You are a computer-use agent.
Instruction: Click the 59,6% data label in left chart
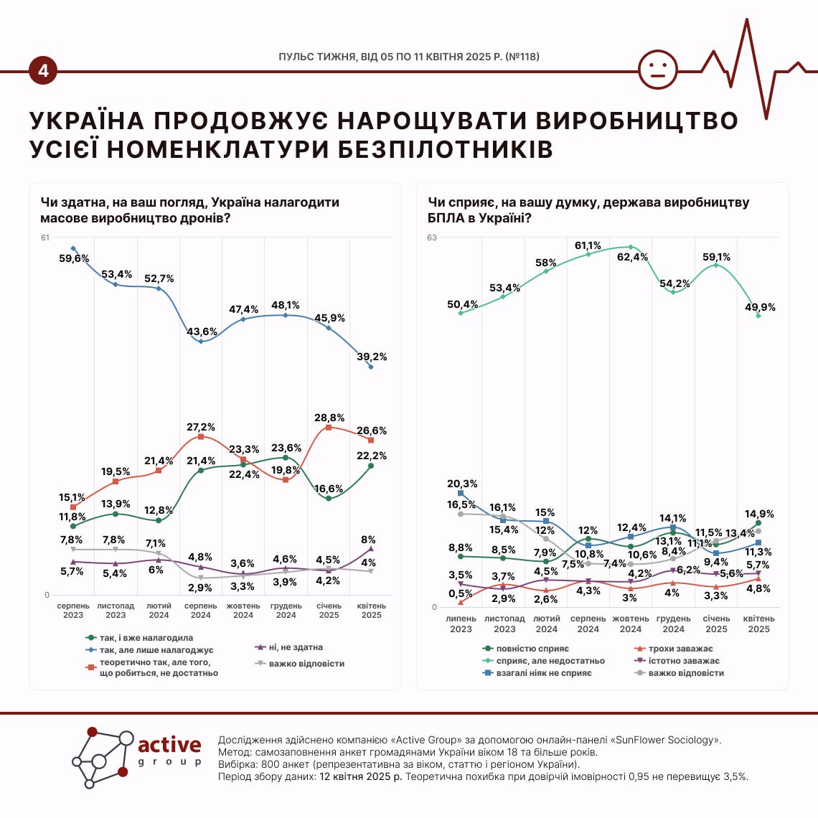74,258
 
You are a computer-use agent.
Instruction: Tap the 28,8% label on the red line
329,417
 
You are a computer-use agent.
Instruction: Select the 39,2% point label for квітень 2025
372,357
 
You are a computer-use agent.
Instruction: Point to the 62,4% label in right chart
632,257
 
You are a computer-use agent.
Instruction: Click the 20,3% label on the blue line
462,484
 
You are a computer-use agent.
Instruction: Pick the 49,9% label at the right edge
760,307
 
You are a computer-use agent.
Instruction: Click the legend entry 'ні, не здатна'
295,647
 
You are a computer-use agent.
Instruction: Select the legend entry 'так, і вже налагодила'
146,637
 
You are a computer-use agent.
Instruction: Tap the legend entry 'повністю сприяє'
532,649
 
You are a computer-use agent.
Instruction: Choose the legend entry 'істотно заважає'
684,661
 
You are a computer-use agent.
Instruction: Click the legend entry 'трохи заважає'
680,649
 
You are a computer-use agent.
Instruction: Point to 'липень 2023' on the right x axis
461,624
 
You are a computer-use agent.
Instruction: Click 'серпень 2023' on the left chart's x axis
73,611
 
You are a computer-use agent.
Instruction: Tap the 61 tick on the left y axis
45,238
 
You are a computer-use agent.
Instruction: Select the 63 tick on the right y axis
432,238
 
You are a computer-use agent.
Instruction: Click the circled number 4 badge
44,71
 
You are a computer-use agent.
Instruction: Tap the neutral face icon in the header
657,70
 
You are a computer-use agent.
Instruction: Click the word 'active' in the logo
169,744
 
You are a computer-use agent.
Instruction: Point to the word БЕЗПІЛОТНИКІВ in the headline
446,149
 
